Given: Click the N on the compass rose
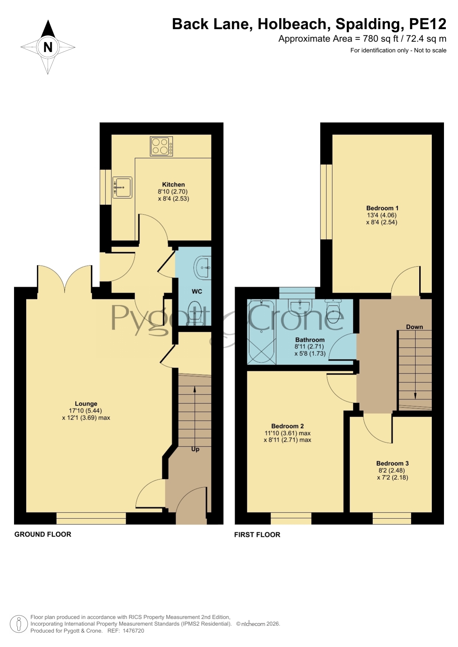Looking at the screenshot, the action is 48,47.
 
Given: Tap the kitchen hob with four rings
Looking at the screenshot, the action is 161,146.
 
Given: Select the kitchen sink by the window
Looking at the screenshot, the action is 122,187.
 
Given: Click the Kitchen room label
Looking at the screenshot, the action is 173,184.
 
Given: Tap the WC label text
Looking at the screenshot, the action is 197,292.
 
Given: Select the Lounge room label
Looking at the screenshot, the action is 86,404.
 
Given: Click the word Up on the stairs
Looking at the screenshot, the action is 195,449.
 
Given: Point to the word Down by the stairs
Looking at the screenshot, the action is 414,327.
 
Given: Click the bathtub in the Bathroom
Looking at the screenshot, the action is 261,331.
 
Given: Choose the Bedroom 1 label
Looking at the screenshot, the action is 382,208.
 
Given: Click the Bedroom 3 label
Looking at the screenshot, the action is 392,463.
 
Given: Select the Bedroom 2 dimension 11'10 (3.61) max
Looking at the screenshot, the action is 287,433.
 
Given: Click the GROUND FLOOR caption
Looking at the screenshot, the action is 43,534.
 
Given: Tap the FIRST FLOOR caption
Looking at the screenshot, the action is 257,535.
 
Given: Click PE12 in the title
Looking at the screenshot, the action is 428,24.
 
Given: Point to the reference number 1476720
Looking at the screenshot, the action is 133,631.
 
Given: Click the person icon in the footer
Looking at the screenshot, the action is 18,624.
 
